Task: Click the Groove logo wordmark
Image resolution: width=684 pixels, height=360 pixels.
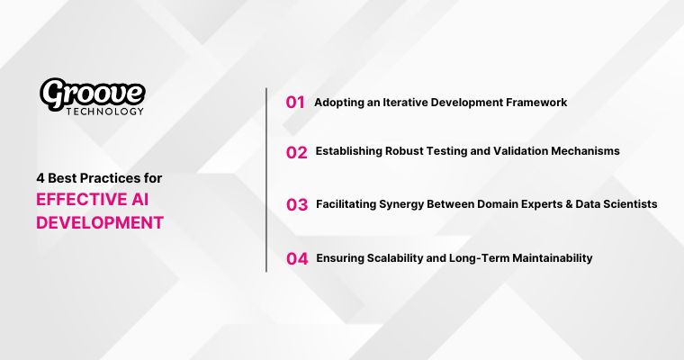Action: coord(92,93)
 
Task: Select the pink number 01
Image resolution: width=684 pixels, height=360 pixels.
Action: coord(295,103)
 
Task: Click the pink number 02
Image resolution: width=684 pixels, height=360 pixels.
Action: coord(296,152)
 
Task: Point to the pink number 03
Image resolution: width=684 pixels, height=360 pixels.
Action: coord(297,205)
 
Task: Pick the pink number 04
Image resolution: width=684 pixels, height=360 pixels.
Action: coord(297,259)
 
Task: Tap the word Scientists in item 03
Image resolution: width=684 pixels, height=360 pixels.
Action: coord(631,204)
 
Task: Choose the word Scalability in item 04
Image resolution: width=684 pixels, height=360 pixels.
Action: coord(407,258)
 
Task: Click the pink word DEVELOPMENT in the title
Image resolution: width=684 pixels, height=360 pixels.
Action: coord(100,222)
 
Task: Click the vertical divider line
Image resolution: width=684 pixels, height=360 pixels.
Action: coord(266,180)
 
